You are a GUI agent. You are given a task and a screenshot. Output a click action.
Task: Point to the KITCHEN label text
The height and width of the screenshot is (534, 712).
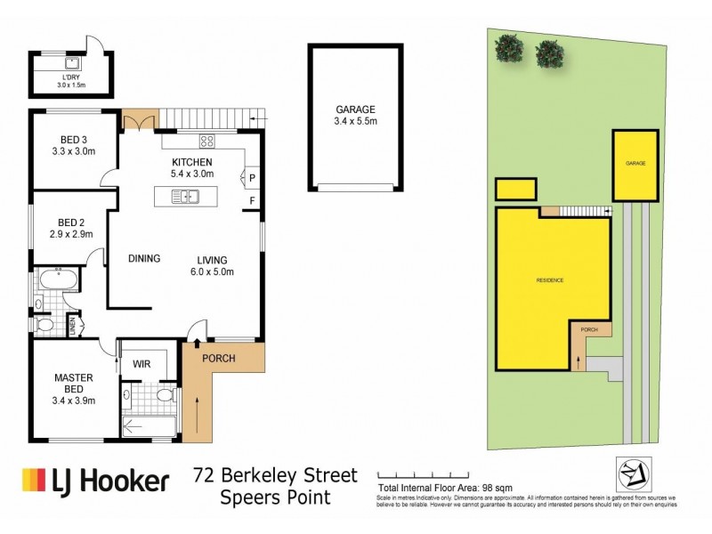pyautogui.click(x=191, y=162)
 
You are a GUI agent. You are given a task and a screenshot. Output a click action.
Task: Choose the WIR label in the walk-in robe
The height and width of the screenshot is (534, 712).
pyautogui.click(x=141, y=364)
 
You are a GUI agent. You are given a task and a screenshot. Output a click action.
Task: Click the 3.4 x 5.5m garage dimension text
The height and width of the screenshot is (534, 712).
pyautogui.click(x=354, y=121)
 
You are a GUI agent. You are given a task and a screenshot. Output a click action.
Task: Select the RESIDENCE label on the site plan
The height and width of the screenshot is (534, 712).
pyautogui.click(x=549, y=280)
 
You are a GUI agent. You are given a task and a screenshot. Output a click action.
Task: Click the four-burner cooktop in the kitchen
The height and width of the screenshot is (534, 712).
pyautogui.click(x=207, y=140)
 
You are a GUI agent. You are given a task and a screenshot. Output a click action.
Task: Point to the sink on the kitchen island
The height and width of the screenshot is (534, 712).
pyautogui.click(x=191, y=198)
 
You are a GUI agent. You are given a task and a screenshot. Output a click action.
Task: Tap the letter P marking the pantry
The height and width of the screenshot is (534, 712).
pyautogui.click(x=252, y=177)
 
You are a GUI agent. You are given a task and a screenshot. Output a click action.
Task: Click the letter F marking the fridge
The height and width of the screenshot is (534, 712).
pyautogui.click(x=252, y=199)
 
